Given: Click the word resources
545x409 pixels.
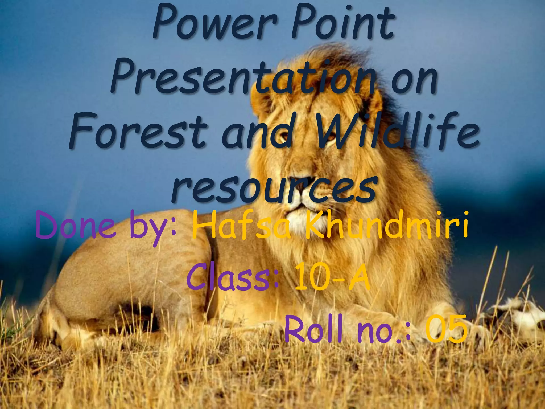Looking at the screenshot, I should click(274, 187).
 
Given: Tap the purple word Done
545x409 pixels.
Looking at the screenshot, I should click(76, 226).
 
